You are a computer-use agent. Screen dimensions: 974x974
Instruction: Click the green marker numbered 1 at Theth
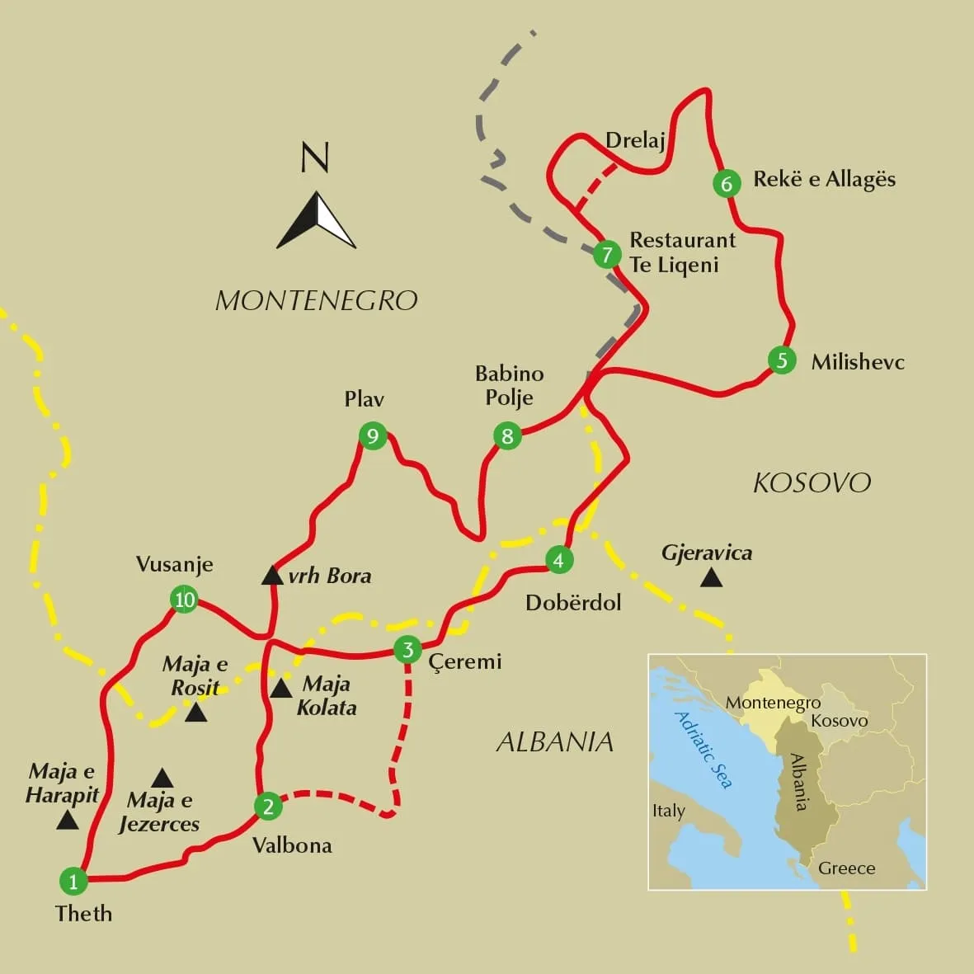click(x=73, y=881)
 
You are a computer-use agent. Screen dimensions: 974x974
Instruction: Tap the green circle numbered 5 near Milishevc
click(x=782, y=360)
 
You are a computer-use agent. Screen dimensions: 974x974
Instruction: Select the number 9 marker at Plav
click(x=373, y=435)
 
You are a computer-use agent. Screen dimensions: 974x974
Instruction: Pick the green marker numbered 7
click(x=607, y=254)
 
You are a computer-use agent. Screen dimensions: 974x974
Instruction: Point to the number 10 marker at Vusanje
click(x=184, y=599)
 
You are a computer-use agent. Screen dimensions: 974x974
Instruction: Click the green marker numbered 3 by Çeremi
click(x=407, y=649)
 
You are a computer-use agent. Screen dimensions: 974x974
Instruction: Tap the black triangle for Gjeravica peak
click(x=711, y=578)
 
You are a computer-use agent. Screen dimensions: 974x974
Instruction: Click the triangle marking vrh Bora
click(x=272, y=576)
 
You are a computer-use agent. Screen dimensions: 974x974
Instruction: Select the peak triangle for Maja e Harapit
click(x=67, y=820)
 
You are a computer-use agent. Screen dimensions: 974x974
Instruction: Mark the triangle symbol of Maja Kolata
click(x=280, y=689)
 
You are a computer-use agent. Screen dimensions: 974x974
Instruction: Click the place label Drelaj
click(x=635, y=140)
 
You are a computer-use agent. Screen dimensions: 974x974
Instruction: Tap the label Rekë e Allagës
click(x=824, y=180)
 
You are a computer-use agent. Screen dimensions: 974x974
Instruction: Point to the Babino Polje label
click(x=509, y=385)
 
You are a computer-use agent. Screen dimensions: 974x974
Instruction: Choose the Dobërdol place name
click(x=573, y=602)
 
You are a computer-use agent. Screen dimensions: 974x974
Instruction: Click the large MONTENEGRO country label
click(x=316, y=300)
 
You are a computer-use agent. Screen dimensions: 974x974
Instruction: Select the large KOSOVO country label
click(x=812, y=482)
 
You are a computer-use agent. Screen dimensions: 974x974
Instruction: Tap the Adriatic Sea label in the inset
click(x=703, y=749)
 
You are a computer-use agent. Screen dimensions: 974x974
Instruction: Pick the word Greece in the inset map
click(x=846, y=868)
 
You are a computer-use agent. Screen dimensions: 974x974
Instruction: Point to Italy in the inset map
click(x=668, y=811)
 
